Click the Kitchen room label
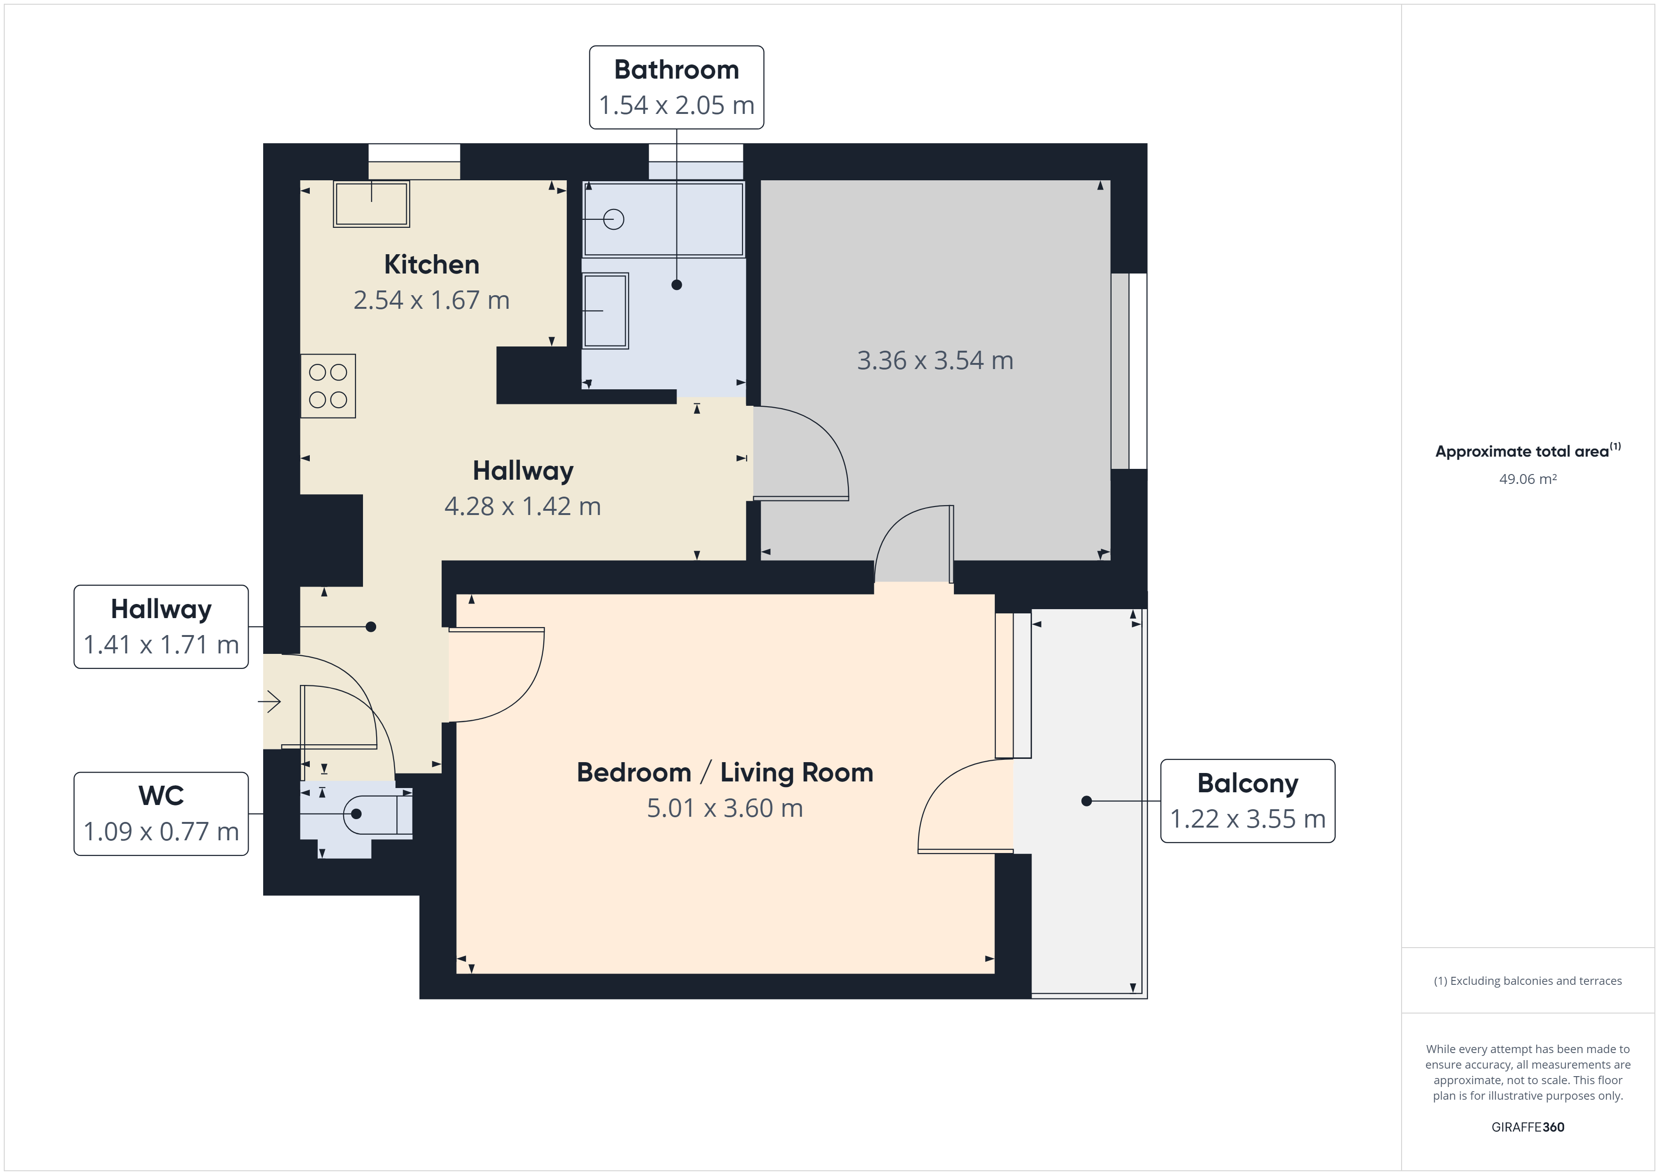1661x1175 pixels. pyautogui.click(x=431, y=265)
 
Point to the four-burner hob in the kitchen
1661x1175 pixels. pyautogui.click(x=328, y=386)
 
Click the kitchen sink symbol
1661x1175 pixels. pyautogui.click(x=371, y=204)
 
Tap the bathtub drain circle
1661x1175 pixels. pyautogui.click(x=613, y=219)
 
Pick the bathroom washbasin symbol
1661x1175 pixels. pyautogui.click(x=605, y=310)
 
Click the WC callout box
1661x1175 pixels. pyautogui.click(x=161, y=814)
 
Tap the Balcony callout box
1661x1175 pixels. pyautogui.click(x=1248, y=801)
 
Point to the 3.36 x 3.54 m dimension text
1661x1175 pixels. pyautogui.click(x=935, y=360)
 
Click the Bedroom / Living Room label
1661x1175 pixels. pyautogui.click(x=725, y=773)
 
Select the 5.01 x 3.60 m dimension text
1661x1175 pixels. pyautogui.click(x=725, y=808)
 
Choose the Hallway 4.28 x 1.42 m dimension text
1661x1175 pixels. pyautogui.click(x=522, y=507)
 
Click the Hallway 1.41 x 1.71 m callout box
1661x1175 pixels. pyautogui.click(x=161, y=627)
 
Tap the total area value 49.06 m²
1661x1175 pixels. pyautogui.click(x=1528, y=479)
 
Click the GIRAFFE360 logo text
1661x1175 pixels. pyautogui.click(x=1528, y=1127)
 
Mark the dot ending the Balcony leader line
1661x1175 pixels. pyautogui.click(x=1087, y=801)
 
